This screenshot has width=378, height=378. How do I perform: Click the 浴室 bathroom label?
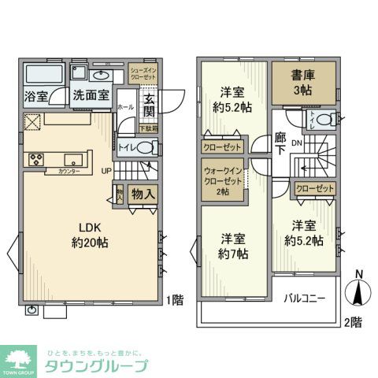tap(35, 97)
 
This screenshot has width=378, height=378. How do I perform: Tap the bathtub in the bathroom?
tap(45, 76)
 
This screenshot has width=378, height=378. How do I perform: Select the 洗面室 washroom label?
tap(91, 96)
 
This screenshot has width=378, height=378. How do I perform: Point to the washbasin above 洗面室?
tap(100, 76)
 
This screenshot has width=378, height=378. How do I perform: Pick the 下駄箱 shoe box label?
tap(148, 128)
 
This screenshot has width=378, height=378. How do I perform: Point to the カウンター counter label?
tap(70, 171)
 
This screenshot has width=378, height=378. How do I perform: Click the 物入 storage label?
tap(142, 194)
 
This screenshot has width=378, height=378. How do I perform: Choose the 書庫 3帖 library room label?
tap(304, 83)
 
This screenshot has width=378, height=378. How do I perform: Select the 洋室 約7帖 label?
tap(234, 246)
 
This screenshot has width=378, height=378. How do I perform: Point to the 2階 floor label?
tap(354, 321)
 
